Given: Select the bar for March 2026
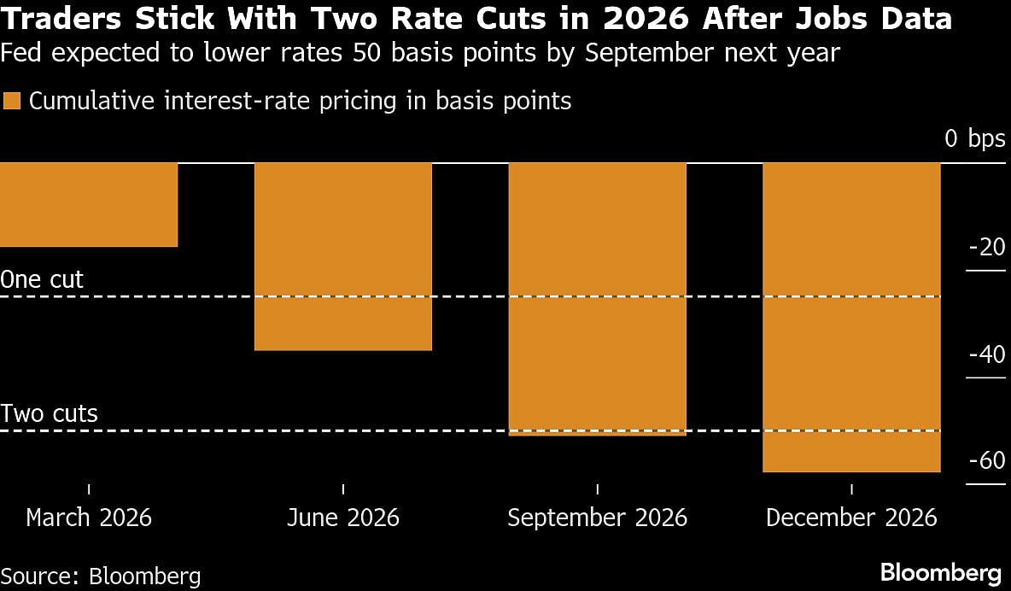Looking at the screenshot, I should [x=89, y=205].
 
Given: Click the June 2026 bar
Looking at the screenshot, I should [x=343, y=256].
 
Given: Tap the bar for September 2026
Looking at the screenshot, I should [x=598, y=299].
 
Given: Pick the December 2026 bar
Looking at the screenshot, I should [x=851, y=317].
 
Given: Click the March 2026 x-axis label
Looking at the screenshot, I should [x=89, y=518].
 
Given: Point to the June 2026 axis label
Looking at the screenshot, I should [x=343, y=518].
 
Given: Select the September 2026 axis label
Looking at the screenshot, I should [x=597, y=518].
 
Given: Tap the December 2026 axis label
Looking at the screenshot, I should [x=851, y=518].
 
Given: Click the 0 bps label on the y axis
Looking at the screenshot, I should [x=975, y=139].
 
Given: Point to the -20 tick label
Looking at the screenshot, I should [x=987, y=248].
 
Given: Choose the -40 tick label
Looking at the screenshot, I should [x=987, y=354].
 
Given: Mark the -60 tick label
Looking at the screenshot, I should [x=987, y=461].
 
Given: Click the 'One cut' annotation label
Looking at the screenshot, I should [x=43, y=280].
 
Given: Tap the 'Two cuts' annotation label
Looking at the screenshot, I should [x=50, y=414].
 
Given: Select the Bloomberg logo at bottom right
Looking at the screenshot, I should [x=940, y=571].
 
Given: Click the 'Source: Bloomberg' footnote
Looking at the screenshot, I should [x=101, y=575].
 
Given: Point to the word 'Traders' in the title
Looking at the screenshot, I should [x=61, y=18].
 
